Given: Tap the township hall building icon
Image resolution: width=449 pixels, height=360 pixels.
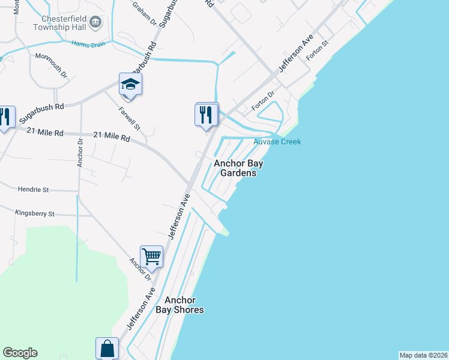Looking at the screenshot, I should click(95, 23).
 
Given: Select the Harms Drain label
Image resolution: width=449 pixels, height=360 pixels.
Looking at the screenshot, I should click(88, 44).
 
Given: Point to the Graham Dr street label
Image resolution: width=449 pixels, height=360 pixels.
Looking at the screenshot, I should click(145, 13).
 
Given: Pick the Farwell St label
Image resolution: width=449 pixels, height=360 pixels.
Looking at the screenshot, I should click(129, 119).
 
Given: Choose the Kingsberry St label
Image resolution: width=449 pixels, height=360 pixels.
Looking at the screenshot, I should click(35, 214).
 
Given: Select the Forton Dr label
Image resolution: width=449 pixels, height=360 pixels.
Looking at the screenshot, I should click(262, 100).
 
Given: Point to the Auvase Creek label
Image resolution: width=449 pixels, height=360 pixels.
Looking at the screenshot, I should click(277, 142).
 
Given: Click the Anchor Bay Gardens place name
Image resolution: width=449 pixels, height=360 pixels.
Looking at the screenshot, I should click(240, 168).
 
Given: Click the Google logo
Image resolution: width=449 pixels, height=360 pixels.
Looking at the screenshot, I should click(20, 353).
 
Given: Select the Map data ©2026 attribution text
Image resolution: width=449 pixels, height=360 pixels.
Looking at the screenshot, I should click(423, 355).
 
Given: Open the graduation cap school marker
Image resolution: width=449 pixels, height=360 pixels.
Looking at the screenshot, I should click(130, 85).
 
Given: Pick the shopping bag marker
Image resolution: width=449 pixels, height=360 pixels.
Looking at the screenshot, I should click(107, 349).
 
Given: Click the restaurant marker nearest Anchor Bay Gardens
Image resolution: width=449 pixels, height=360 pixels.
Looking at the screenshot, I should click(206, 114).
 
